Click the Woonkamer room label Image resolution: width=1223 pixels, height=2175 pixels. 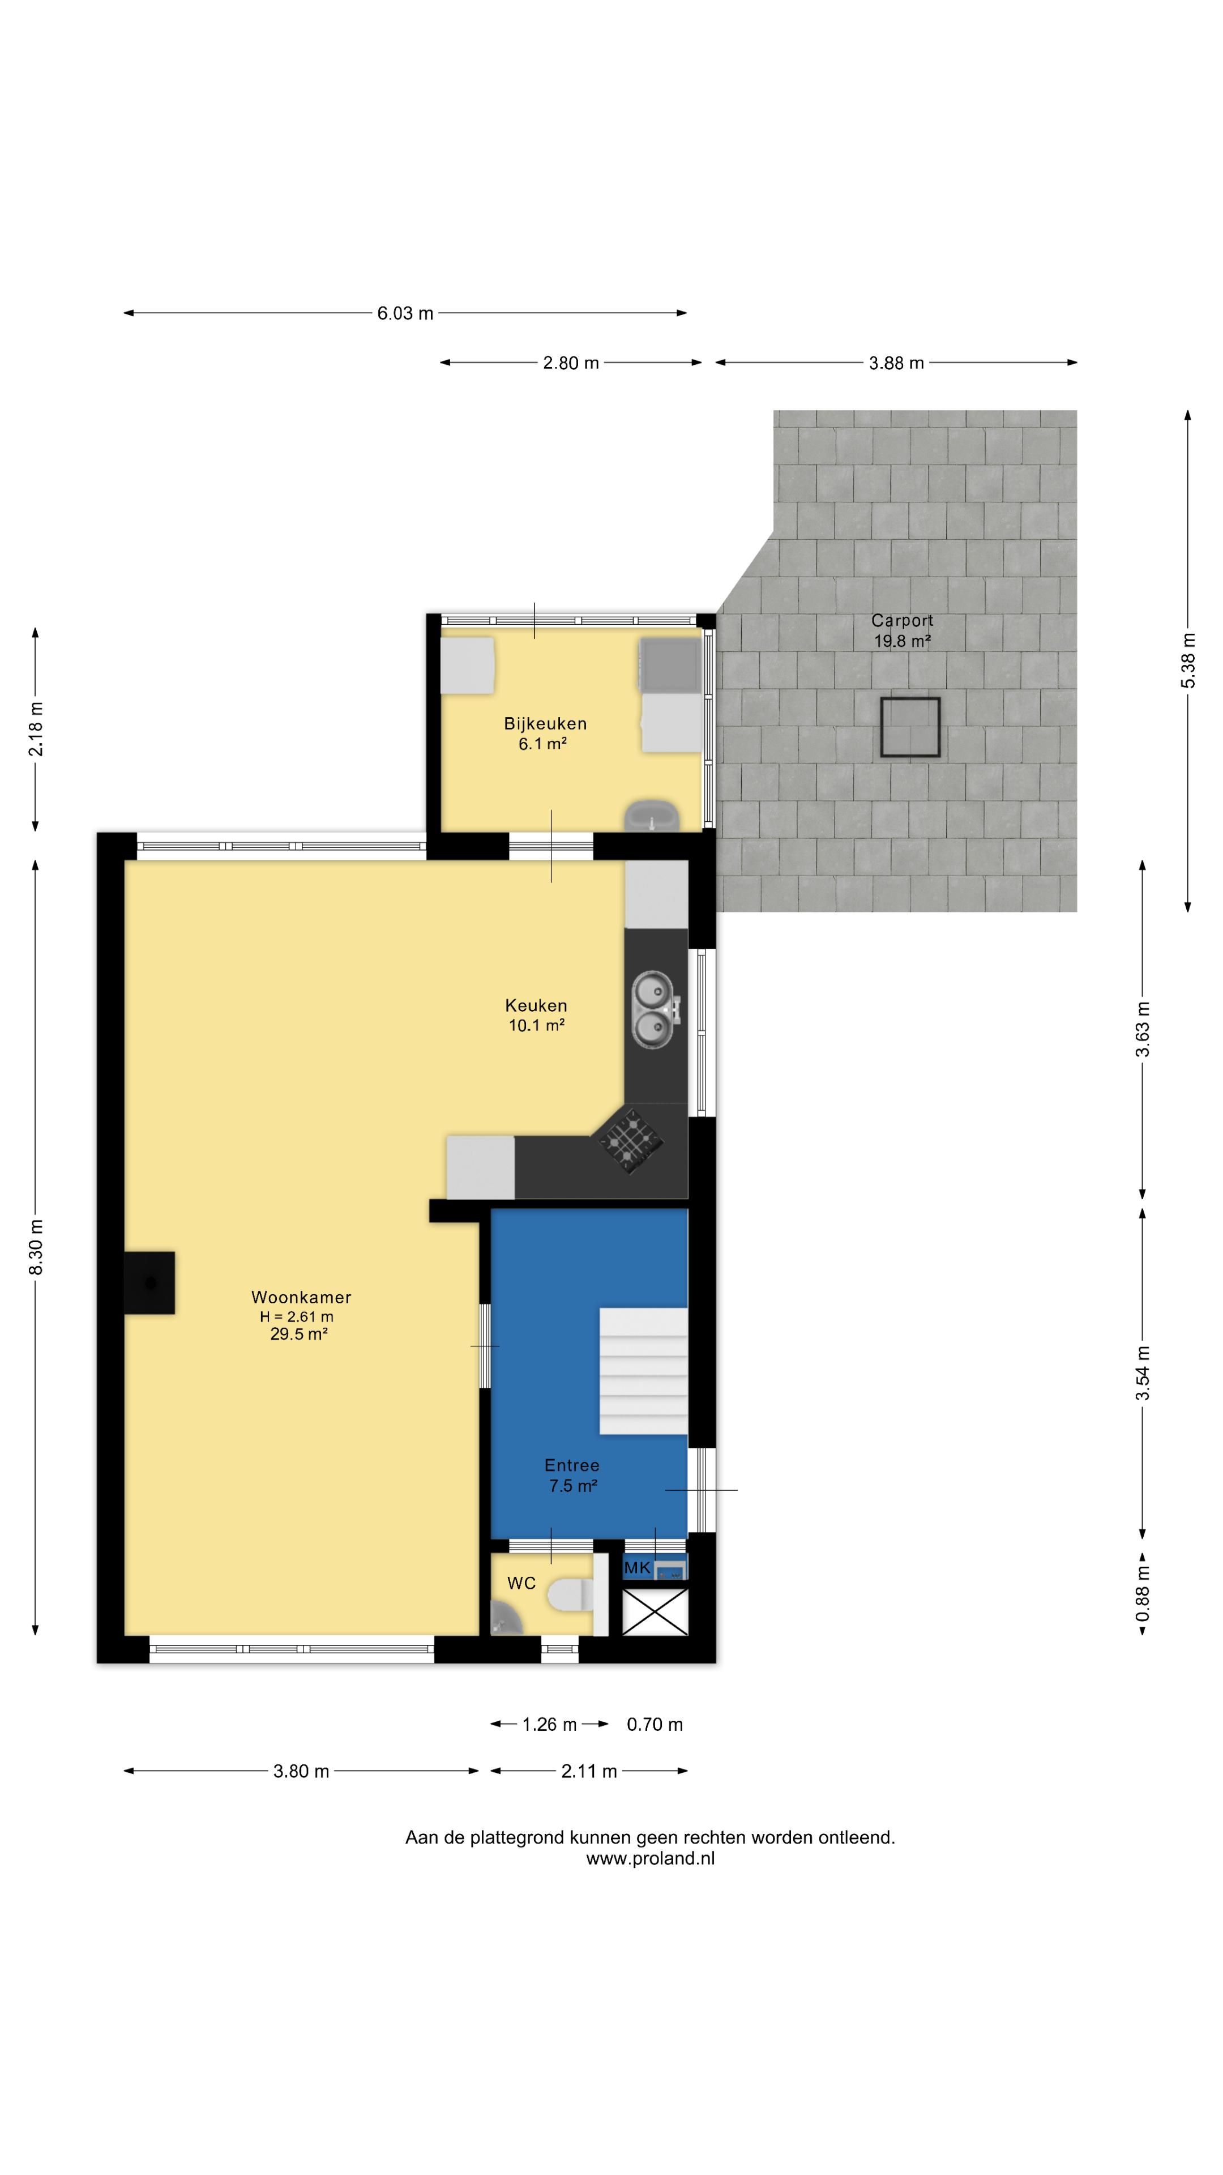pyautogui.click(x=301, y=1297)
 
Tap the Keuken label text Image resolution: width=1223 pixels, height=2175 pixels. pyautogui.click(x=536, y=1005)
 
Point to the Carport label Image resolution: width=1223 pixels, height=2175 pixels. pyautogui.click(x=903, y=621)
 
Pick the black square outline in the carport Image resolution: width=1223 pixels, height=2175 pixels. pyautogui.click(x=910, y=726)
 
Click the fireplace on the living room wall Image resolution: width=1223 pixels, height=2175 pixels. pyautogui.click(x=149, y=1282)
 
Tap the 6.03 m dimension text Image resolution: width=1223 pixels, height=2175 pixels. pyautogui.click(x=405, y=313)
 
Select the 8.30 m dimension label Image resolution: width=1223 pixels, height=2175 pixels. pyautogui.click(x=36, y=1247)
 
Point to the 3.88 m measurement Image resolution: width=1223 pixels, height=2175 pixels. pyautogui.click(x=896, y=363)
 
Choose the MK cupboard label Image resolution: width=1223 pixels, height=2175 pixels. pyautogui.click(x=637, y=1568)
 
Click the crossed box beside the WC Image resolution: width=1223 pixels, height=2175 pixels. pyautogui.click(x=655, y=1612)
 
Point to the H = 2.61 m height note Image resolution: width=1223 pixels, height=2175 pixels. pyautogui.click(x=296, y=1316)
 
